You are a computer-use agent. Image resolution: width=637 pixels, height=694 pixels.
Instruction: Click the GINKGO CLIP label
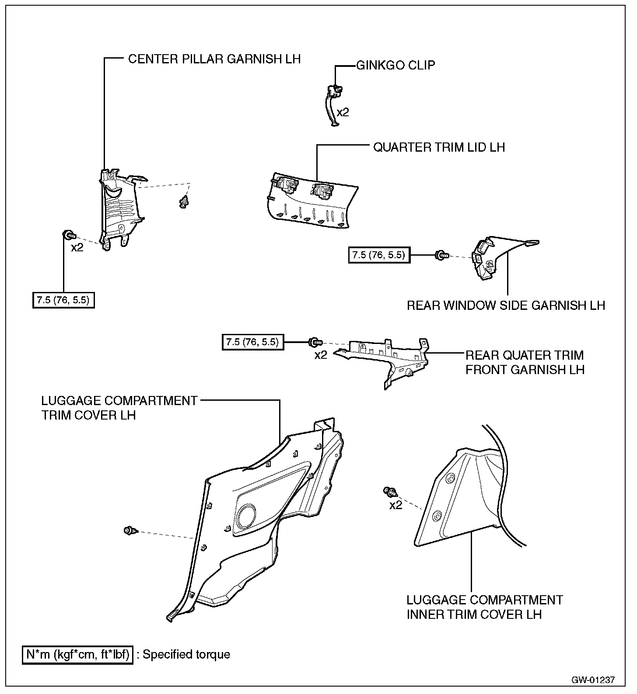pyautogui.click(x=395, y=66)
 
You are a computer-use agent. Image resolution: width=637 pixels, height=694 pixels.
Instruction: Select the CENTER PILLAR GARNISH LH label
pyautogui.click(x=214, y=59)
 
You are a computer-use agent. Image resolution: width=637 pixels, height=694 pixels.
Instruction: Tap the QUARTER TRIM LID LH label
pyautogui.click(x=439, y=147)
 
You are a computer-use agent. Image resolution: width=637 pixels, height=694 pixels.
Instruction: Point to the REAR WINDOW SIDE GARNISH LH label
pyautogui.click(x=506, y=305)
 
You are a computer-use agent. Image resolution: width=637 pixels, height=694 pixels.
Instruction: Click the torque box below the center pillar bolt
pyautogui.click(x=63, y=300)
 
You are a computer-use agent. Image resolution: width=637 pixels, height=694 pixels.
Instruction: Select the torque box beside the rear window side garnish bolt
pyautogui.click(x=379, y=255)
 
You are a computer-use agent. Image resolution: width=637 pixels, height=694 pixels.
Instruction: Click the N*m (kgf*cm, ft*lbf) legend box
pyautogui.click(x=77, y=655)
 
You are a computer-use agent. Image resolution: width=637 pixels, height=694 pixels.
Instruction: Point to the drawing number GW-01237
pyautogui.click(x=593, y=680)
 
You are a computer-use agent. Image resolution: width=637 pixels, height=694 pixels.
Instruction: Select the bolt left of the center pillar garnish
pyautogui.click(x=68, y=236)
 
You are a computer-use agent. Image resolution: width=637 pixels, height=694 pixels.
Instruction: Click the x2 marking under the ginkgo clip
pyautogui.click(x=343, y=113)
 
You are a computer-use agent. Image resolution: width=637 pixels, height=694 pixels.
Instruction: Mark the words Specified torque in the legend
pyautogui.click(x=186, y=655)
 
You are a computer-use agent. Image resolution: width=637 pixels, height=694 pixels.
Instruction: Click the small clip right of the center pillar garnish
pyautogui.click(x=184, y=202)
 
